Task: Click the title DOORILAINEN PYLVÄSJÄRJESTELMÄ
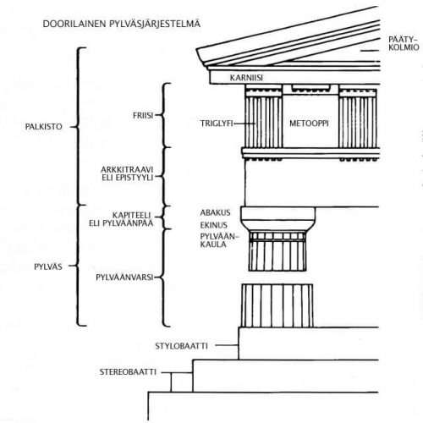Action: tap(122, 24)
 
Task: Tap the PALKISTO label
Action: tap(44, 127)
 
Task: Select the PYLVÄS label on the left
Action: tap(48, 266)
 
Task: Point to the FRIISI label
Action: tap(143, 115)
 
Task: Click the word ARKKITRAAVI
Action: tap(127, 170)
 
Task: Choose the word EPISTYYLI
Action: tap(135, 178)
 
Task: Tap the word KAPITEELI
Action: tap(132, 215)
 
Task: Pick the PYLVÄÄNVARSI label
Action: tap(124, 277)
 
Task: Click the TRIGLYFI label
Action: tap(217, 124)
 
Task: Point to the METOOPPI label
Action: tap(309, 124)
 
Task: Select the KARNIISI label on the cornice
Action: tap(246, 78)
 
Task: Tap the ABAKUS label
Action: tap(215, 212)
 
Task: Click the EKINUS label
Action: tap(213, 225)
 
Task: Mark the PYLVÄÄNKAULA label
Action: tap(219, 240)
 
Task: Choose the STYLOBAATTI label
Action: tap(181, 346)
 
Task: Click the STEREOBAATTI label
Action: tap(128, 372)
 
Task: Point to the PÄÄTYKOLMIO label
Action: tap(404, 43)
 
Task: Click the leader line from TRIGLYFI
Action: tap(244, 124)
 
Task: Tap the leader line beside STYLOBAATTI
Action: tap(227, 345)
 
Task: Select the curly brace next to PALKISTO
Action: tap(78, 127)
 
